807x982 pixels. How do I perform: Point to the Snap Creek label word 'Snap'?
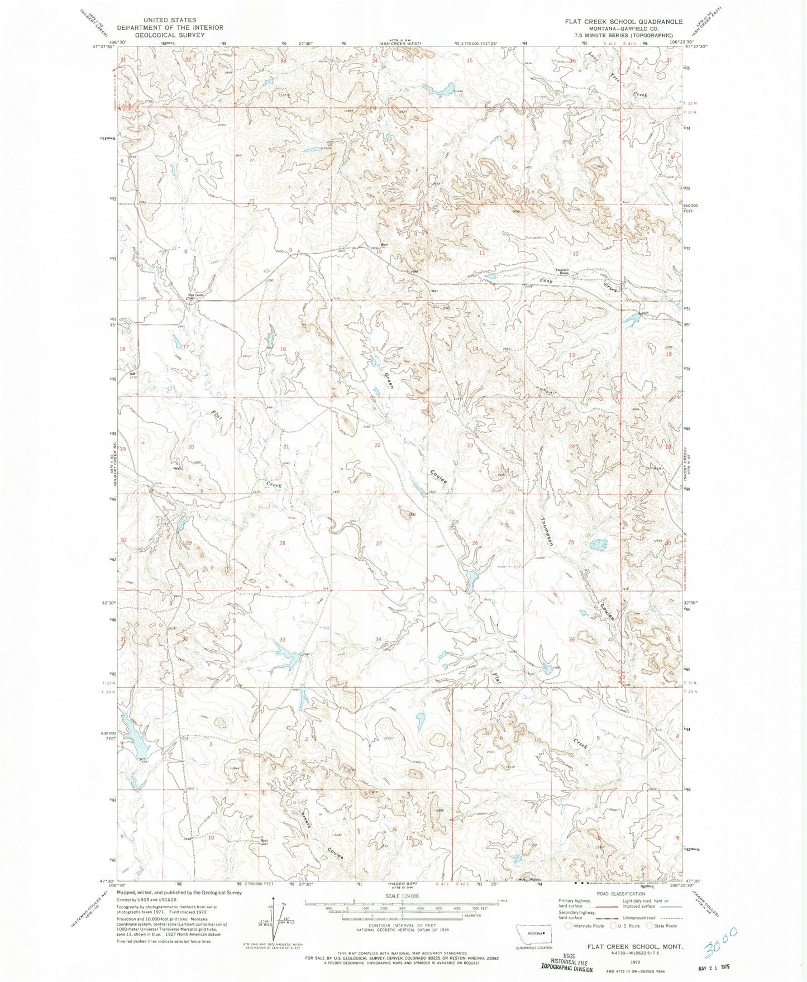(x=546, y=281)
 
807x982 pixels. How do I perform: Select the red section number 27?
(x=379, y=543)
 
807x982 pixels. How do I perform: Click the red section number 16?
(x=283, y=349)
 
